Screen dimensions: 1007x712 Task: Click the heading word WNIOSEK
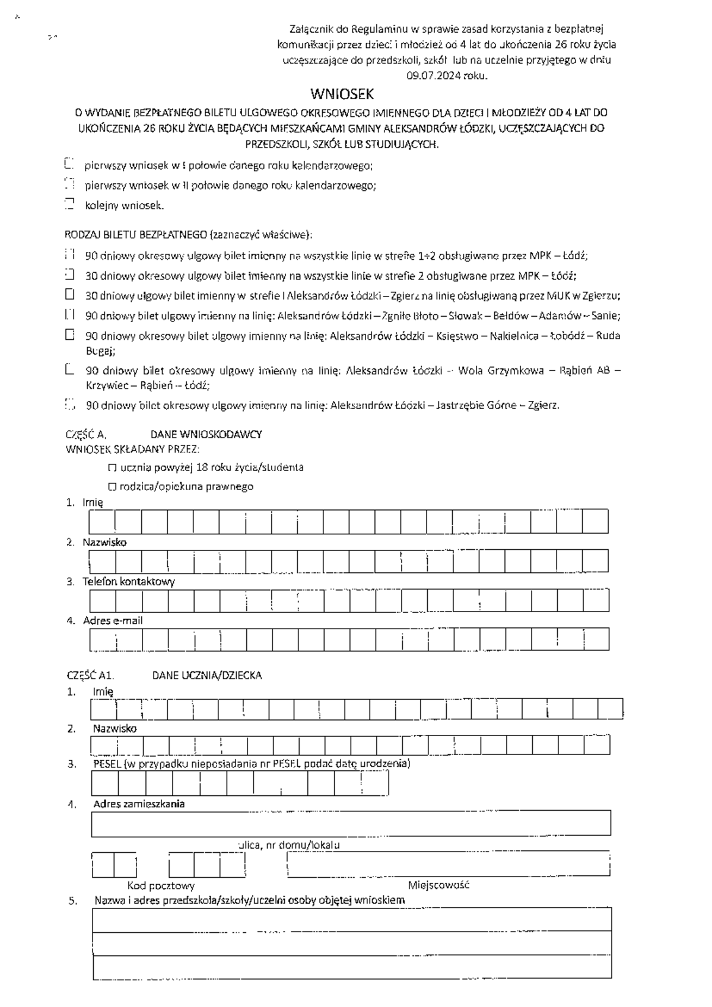tap(342, 94)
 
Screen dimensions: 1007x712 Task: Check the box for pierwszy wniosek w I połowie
tap(69, 164)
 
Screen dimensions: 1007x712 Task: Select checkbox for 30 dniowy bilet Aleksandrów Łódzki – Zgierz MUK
tap(70, 294)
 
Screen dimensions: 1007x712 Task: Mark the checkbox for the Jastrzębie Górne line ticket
tap(70, 405)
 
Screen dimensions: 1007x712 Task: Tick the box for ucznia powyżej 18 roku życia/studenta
tap(112, 467)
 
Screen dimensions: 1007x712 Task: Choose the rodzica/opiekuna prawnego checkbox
tap(112, 487)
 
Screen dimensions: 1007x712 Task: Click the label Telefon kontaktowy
tap(129, 581)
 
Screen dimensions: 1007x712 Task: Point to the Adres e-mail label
tap(113, 620)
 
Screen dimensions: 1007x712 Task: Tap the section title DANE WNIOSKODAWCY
tap(206, 434)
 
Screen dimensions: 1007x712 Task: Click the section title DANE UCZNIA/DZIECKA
tap(207, 675)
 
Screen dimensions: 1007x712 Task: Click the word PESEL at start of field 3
tap(107, 763)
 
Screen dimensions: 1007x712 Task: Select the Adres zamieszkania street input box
tap(351, 823)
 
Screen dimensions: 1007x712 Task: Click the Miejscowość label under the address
tap(438, 885)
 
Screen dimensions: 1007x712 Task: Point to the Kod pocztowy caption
tap(161, 885)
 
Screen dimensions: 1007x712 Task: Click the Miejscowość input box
tap(449, 864)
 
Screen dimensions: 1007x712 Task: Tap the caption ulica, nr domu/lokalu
tap(289, 845)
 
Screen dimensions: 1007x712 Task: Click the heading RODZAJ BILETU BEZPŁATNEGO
tap(136, 234)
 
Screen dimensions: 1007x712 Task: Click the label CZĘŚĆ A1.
tap(90, 675)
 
